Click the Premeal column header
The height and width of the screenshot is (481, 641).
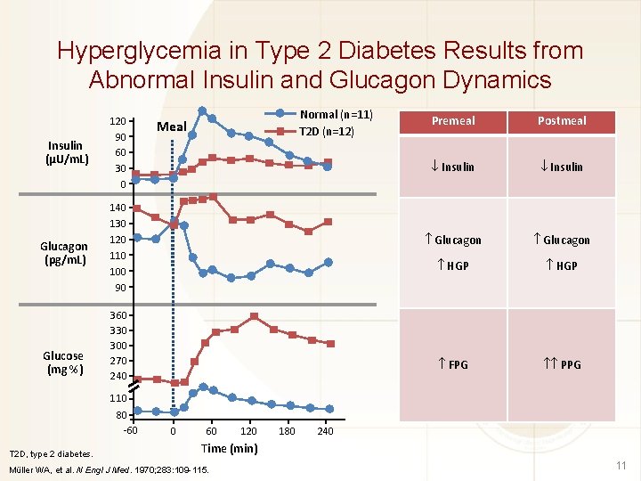point(453,121)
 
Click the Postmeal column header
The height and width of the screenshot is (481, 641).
point(562,121)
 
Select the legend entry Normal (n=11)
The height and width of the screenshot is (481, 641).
point(336,115)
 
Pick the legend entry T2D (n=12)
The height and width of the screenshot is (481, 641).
point(326,132)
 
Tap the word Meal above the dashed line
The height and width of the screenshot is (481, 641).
point(171,126)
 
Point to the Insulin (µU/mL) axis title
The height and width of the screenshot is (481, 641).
point(66,152)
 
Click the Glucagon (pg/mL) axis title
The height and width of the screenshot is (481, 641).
point(64,254)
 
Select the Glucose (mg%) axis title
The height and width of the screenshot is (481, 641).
point(63,363)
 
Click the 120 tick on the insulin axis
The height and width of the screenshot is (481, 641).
point(117,121)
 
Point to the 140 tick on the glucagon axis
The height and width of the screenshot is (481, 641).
point(117,208)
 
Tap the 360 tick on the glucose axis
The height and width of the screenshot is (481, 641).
point(117,315)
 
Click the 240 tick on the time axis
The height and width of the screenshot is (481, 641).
point(326,432)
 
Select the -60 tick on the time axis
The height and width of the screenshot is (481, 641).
point(130,432)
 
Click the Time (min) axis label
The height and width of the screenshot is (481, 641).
point(230,448)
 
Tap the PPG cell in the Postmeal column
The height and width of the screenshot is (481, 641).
point(562,365)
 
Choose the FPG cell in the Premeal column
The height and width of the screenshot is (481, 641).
point(453,365)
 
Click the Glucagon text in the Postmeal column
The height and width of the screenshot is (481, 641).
point(562,240)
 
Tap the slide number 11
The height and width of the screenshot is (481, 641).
point(621,465)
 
